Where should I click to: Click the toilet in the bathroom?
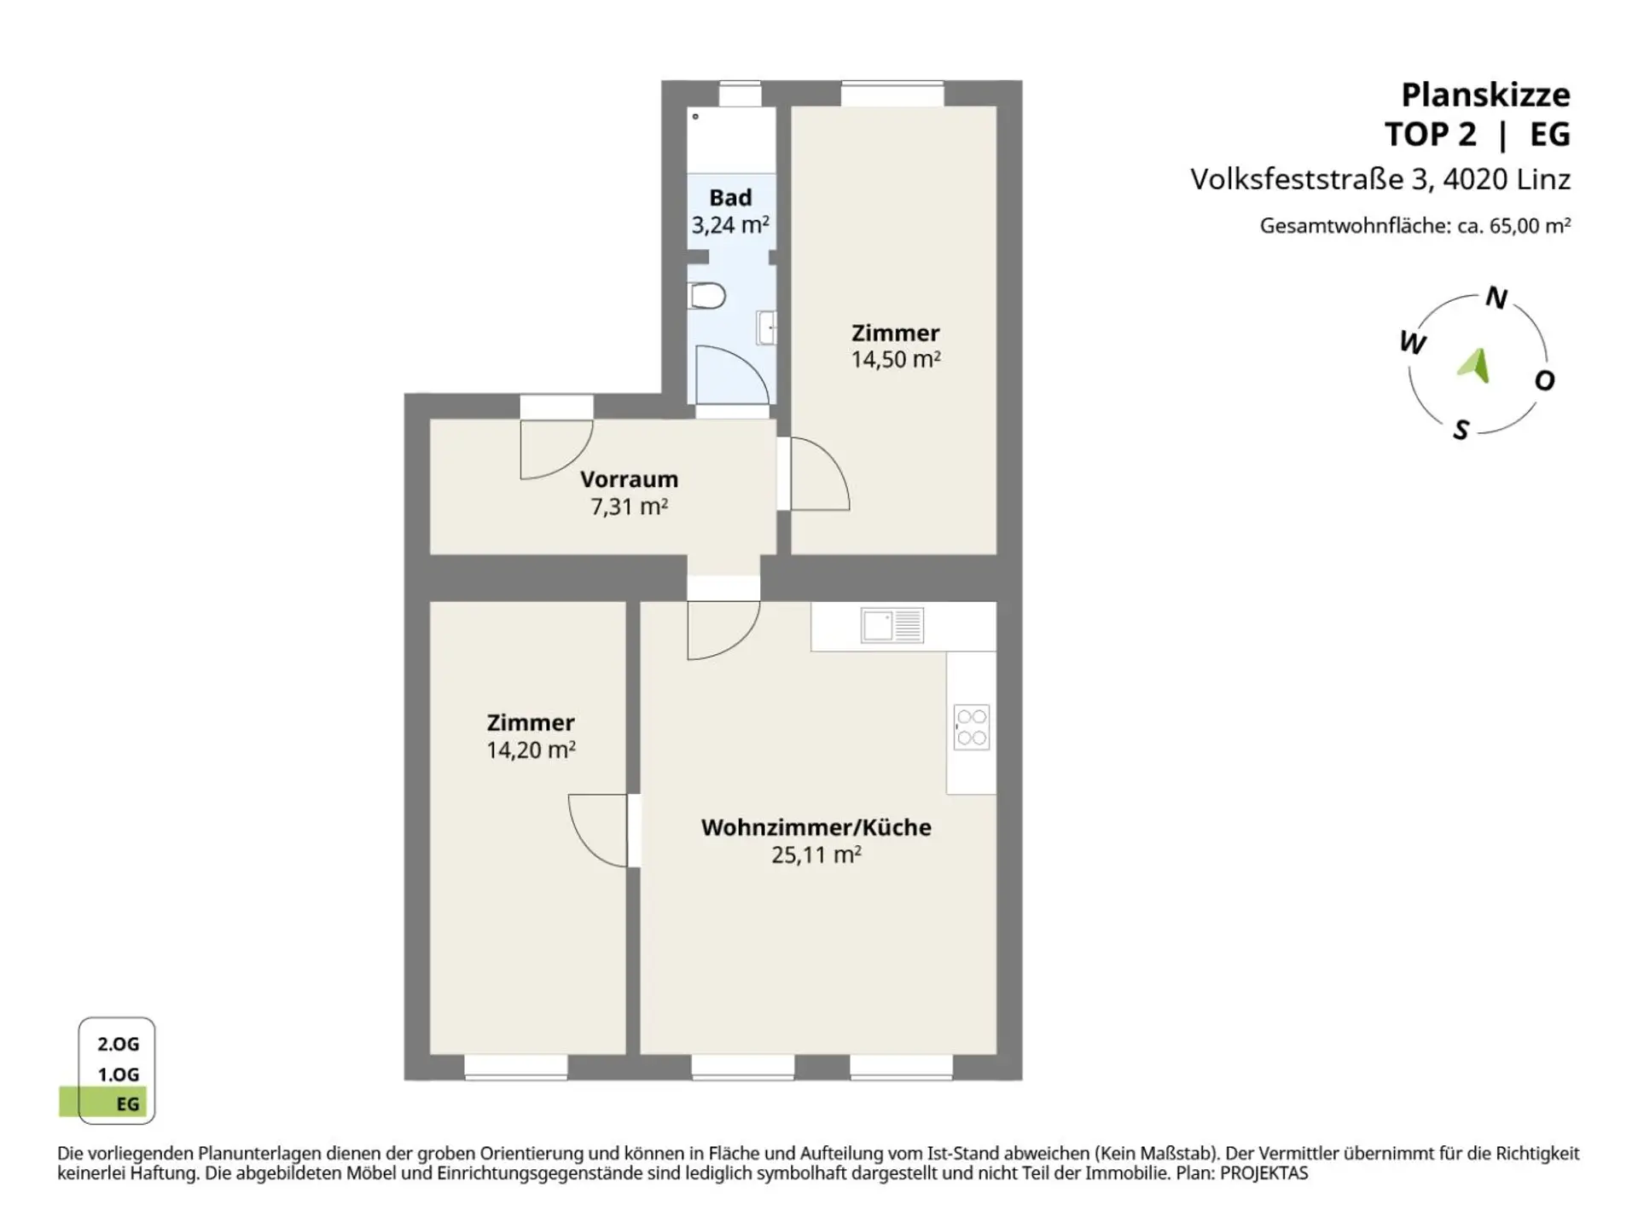click(x=706, y=296)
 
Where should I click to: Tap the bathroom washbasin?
click(x=767, y=327)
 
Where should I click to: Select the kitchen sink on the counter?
click(x=892, y=625)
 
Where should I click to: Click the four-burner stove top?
click(x=972, y=727)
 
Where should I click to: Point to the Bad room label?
click(x=730, y=198)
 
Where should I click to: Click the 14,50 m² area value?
click(x=896, y=359)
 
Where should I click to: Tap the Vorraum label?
click(x=629, y=479)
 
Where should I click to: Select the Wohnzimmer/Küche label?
click(x=816, y=827)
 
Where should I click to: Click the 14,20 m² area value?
click(x=531, y=750)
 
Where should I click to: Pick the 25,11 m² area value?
click(x=816, y=854)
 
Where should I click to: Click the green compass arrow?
click(x=1475, y=365)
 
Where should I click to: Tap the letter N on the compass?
click(x=1496, y=298)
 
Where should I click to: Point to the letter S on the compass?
click(x=1461, y=430)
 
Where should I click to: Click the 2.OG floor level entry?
click(x=119, y=1044)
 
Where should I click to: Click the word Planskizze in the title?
click(x=1486, y=95)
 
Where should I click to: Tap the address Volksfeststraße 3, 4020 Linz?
click(x=1380, y=179)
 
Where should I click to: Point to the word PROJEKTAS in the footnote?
click(x=1263, y=1173)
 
